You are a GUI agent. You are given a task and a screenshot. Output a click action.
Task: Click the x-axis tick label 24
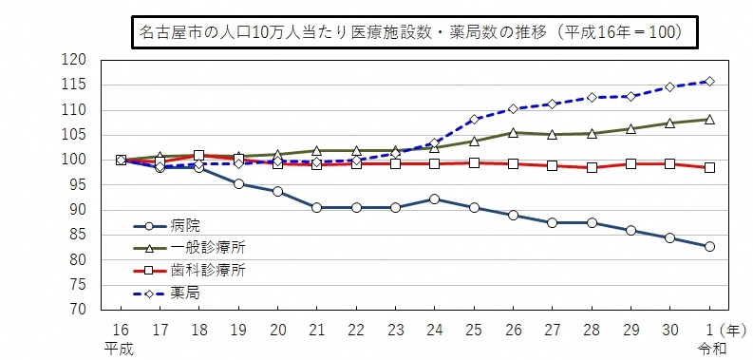tap(435, 330)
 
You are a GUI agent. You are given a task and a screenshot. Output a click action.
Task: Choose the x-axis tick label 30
tap(670, 330)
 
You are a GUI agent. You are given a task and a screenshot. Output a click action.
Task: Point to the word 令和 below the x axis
tap(710, 348)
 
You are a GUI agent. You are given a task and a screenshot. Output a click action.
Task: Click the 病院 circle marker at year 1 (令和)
tap(710, 247)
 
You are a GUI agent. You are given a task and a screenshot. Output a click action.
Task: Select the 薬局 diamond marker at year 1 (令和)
tap(710, 82)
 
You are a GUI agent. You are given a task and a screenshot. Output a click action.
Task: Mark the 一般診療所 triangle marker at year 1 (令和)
tap(710, 119)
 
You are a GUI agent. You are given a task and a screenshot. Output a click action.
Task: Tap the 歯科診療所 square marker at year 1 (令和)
tap(710, 167)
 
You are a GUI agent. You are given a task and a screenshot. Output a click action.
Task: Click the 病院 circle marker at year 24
tap(435, 199)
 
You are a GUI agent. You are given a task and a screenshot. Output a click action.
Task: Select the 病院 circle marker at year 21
tap(317, 207)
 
